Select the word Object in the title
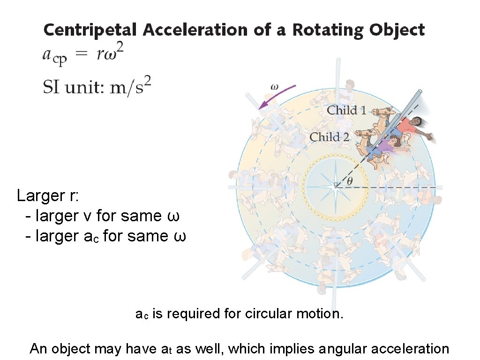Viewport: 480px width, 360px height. (x=397, y=30)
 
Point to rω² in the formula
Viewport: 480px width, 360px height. (x=110, y=54)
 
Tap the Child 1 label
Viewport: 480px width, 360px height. (x=346, y=111)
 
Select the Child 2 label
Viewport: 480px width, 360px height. (x=330, y=137)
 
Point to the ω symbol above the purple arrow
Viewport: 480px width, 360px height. (x=275, y=86)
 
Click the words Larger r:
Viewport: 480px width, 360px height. (x=48, y=195)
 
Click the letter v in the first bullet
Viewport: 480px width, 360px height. (x=88, y=216)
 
